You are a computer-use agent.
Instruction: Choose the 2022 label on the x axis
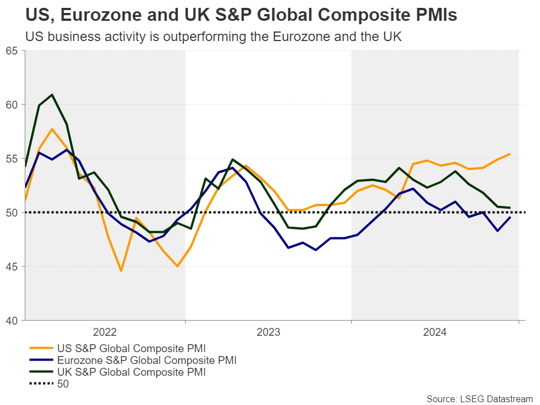coord(105,332)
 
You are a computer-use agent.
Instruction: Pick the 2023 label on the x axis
coord(268,332)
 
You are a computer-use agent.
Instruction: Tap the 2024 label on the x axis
coord(434,332)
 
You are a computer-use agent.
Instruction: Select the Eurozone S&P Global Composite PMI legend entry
coord(146,360)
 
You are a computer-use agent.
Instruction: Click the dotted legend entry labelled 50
coord(62,384)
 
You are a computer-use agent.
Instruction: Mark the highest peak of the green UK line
coord(52,94)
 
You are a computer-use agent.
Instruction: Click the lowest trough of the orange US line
coord(121,271)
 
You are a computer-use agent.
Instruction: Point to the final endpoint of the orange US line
coord(510,154)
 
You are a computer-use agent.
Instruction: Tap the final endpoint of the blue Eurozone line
coord(510,217)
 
